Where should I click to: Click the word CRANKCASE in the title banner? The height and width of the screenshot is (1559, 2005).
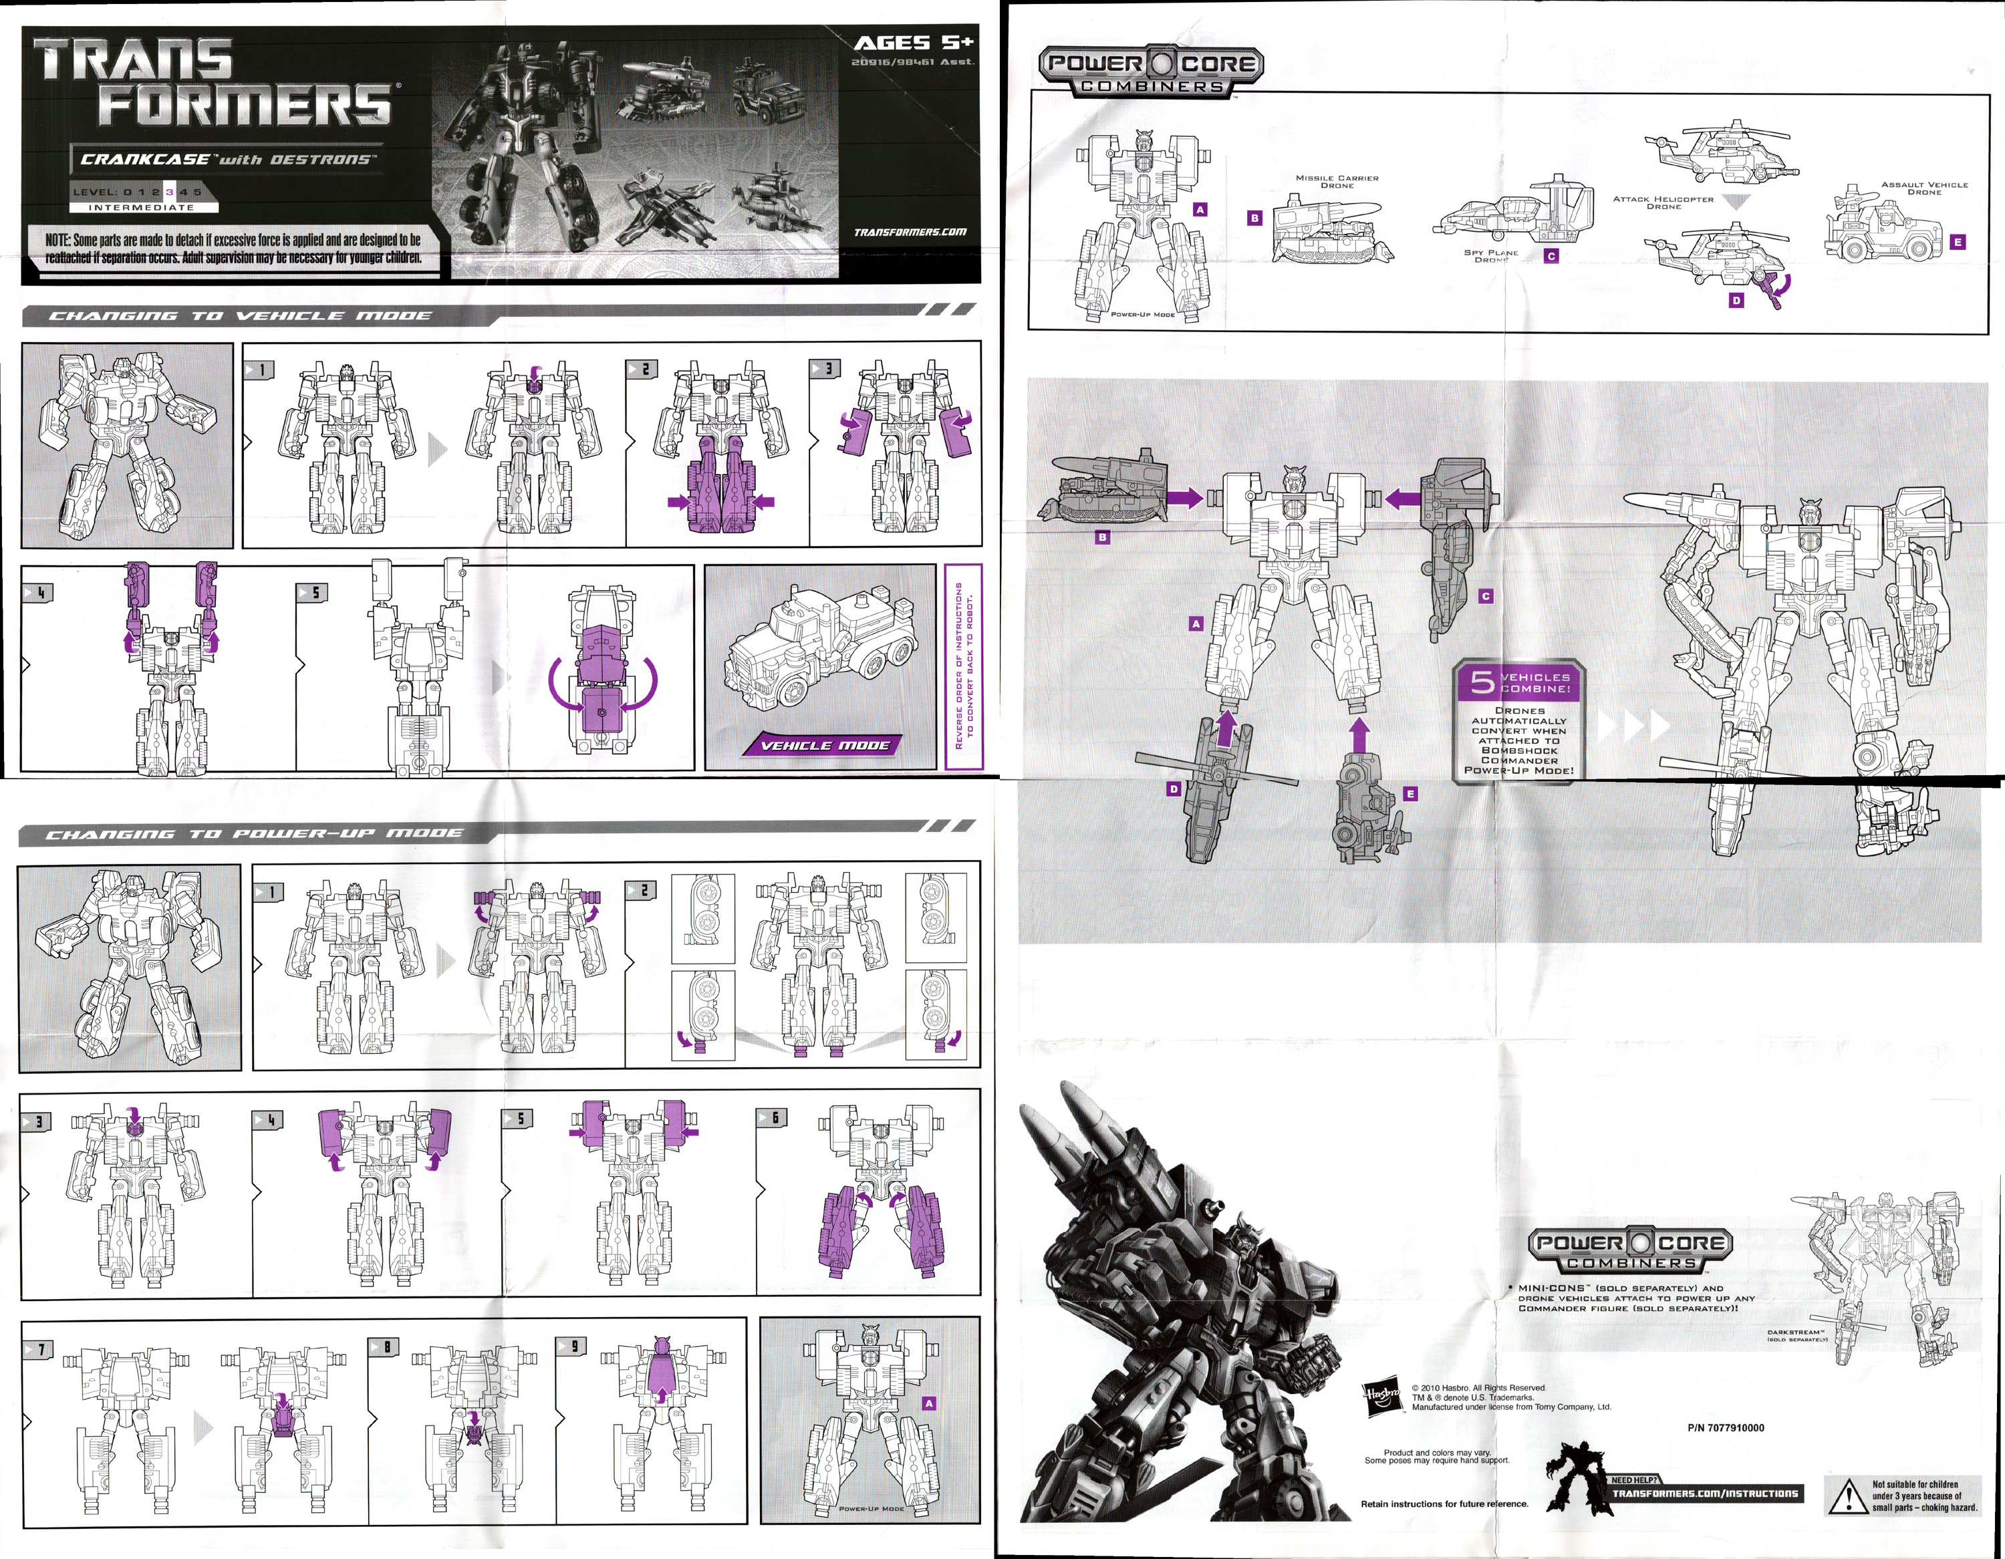pyautogui.click(x=144, y=159)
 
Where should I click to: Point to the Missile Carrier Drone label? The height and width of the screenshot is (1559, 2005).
pyautogui.click(x=1337, y=182)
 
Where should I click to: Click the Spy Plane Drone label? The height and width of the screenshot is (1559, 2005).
pyautogui.click(x=1491, y=256)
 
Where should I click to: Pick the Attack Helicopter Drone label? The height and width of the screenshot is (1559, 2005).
pyautogui.click(x=1663, y=202)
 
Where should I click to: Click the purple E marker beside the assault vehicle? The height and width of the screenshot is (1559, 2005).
pyautogui.click(x=1958, y=243)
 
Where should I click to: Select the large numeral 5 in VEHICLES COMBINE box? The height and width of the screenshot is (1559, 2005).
pyautogui.click(x=1482, y=682)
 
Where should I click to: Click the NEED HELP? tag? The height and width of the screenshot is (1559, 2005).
pyautogui.click(x=1634, y=1480)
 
